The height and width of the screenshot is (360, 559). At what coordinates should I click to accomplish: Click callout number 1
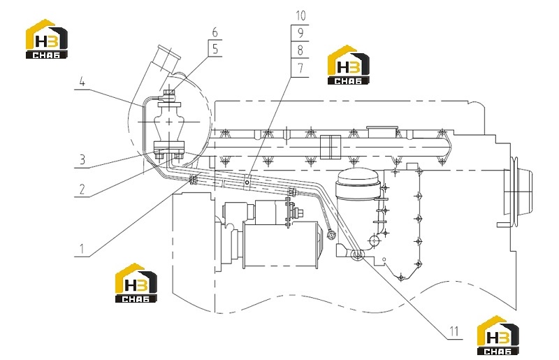(82, 249)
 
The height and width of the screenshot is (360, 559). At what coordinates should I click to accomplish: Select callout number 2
(82, 189)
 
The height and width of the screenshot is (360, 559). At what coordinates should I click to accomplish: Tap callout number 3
(82, 159)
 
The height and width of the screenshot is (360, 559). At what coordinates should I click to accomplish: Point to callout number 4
(82, 82)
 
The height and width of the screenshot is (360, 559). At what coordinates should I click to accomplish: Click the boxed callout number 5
(215, 48)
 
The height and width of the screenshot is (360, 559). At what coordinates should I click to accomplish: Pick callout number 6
(215, 32)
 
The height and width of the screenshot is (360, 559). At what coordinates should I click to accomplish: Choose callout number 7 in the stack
(300, 68)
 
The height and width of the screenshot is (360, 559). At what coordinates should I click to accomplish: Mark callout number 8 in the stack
(300, 50)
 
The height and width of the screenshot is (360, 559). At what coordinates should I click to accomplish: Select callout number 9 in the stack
(300, 33)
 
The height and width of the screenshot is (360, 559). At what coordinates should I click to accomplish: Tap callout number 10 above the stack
(300, 15)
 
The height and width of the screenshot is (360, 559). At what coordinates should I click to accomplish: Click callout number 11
(453, 331)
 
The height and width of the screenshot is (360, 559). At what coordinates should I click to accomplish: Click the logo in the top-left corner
(46, 38)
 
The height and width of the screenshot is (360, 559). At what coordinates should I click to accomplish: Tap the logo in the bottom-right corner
(498, 336)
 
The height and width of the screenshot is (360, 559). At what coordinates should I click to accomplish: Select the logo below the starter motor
(136, 283)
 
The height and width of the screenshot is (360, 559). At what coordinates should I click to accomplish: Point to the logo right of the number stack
(348, 65)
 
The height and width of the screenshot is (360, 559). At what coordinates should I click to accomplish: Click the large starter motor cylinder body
(280, 245)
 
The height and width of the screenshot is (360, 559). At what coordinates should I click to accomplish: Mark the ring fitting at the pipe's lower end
(356, 255)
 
